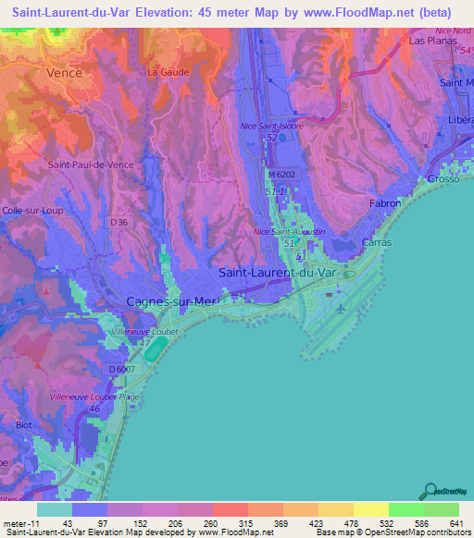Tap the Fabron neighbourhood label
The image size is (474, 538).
384,202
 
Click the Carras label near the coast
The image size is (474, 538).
377,242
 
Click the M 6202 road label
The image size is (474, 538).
287,174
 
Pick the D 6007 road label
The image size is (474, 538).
121,370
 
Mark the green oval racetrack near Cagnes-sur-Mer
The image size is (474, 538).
158,349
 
